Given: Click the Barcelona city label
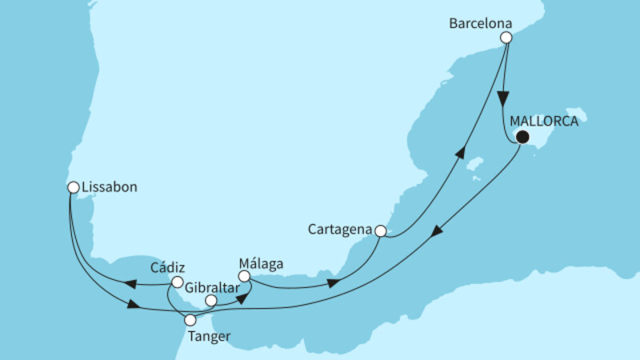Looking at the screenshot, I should tap(478, 23).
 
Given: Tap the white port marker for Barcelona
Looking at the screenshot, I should tap(506, 38).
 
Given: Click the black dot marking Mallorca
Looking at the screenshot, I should tap(522, 138).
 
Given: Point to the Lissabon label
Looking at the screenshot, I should tap(111, 187).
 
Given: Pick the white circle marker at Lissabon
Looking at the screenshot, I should tap(73, 188).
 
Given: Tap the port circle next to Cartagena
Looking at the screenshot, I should tap(381, 231).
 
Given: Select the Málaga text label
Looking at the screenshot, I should tap(261, 262).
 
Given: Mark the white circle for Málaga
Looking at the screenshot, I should tap(246, 277).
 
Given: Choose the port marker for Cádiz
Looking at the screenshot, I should tap(177, 282).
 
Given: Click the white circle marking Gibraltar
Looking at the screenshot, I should tap(211, 302).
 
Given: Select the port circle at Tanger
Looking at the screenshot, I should tap(190, 320).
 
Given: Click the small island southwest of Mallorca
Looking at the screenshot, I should tap(477, 167).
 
